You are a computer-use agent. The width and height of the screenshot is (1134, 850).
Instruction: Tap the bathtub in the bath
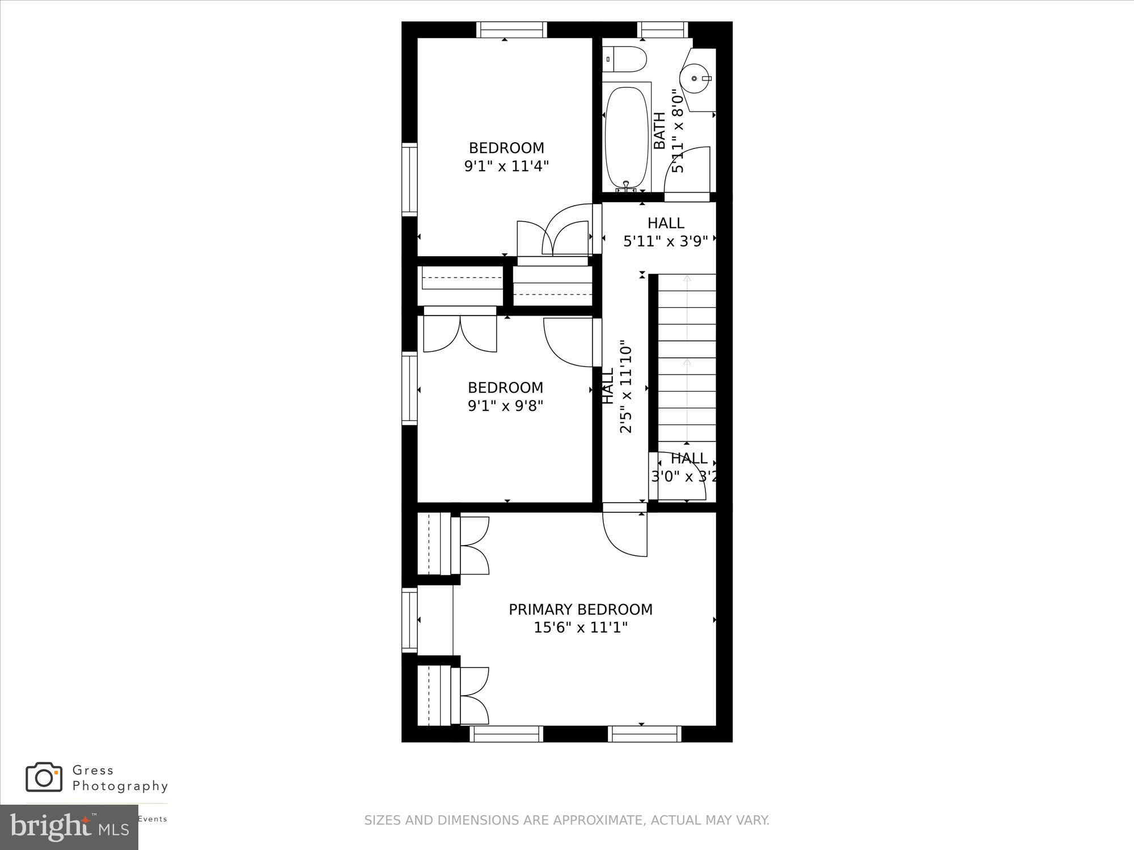tap(627, 138)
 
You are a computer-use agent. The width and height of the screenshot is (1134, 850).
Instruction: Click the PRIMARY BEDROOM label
tap(580, 610)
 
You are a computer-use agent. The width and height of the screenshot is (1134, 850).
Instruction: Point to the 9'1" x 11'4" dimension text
tap(506, 166)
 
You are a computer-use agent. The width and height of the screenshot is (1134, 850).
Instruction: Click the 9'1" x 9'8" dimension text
tap(505, 406)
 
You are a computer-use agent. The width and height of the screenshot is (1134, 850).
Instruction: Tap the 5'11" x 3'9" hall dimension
tap(666, 241)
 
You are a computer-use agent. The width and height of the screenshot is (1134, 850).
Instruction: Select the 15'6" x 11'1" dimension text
tap(580, 628)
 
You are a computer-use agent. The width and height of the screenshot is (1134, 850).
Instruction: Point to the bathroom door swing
tap(687, 170)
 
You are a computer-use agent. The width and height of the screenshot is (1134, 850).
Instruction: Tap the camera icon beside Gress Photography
tap(44, 777)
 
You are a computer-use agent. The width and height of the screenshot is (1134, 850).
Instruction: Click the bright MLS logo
tap(69, 827)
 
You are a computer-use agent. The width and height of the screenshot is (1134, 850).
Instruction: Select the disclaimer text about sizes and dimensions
tap(566, 820)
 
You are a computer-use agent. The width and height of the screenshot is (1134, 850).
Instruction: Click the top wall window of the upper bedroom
tap(511, 29)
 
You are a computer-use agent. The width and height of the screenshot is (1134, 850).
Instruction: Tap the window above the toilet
tap(662, 29)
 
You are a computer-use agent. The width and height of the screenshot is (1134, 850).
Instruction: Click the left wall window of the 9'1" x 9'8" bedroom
tap(409, 388)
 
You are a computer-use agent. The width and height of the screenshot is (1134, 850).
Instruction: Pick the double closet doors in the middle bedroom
tap(460, 334)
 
